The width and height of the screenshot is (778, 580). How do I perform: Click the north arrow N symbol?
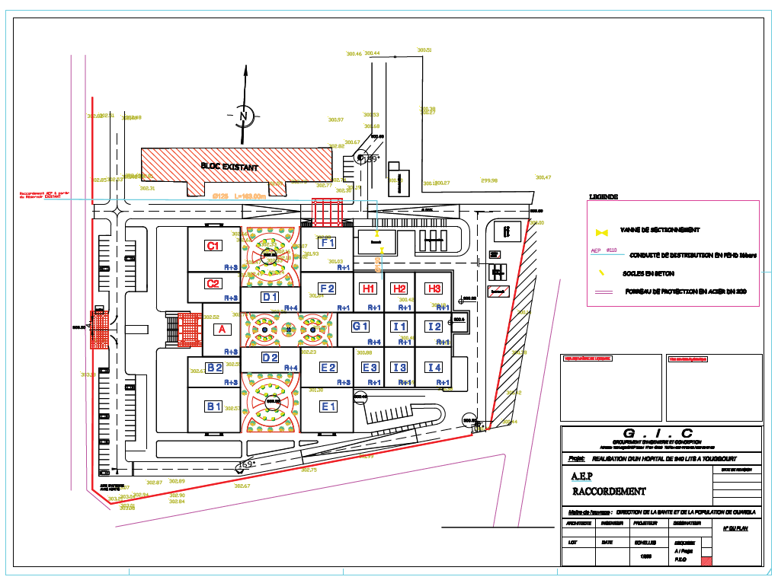[x=245, y=116]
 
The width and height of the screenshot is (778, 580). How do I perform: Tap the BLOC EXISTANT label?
[x=229, y=166]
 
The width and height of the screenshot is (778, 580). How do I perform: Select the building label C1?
[x=213, y=245]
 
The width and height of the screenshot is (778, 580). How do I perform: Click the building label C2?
[x=214, y=284]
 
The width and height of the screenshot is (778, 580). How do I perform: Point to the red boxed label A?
[x=222, y=329]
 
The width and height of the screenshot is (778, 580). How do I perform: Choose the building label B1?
[x=214, y=406]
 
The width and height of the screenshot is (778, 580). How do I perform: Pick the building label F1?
[x=328, y=243]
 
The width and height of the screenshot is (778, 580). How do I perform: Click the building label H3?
[x=434, y=288]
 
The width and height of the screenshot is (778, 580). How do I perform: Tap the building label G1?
[x=360, y=327]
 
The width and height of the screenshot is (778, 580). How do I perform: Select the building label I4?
[x=434, y=368]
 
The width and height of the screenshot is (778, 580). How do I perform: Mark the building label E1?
[x=328, y=406]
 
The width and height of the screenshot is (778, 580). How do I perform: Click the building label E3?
[x=370, y=368]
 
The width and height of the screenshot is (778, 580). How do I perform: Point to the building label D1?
[x=270, y=297]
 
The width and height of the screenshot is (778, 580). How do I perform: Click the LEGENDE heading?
[x=603, y=197]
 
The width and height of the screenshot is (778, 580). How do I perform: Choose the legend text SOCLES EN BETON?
[x=648, y=273]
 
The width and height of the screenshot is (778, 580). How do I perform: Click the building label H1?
[x=369, y=288]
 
